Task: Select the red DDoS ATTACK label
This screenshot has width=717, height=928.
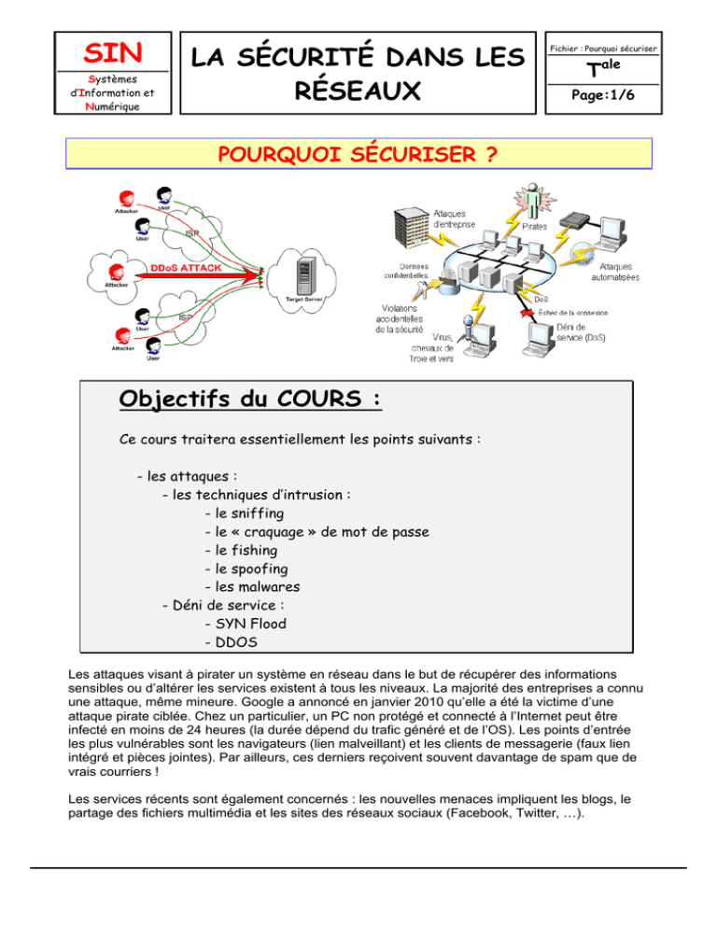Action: point(187,267)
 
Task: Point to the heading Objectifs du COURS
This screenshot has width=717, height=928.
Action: point(251,399)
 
